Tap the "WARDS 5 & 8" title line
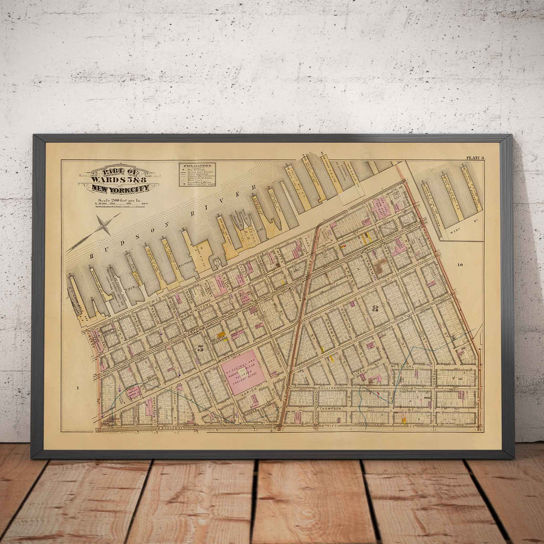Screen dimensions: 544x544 [118, 180]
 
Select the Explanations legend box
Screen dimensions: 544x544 [197, 174]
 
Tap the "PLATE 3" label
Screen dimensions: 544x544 [474, 158]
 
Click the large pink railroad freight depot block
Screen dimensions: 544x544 [243, 372]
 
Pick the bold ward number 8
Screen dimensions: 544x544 [375, 308]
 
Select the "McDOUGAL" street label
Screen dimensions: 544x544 [404, 368]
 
